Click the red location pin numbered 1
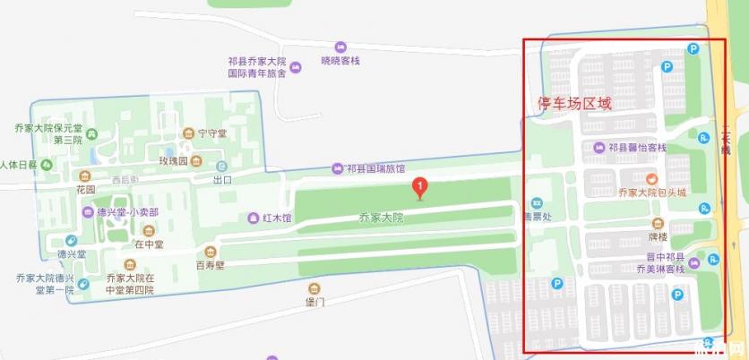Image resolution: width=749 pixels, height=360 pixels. pyautogui.click(x=417, y=187)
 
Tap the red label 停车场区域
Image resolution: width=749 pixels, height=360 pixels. pyautogui.click(x=574, y=104)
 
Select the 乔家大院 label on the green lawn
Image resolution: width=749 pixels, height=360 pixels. pyautogui.click(x=381, y=218)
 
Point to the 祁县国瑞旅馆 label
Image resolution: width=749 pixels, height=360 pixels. pyautogui.click(x=375, y=167)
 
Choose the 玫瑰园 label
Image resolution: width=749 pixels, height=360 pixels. pyautogui.click(x=173, y=161)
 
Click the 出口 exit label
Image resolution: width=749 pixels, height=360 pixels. pyautogui.click(x=222, y=179)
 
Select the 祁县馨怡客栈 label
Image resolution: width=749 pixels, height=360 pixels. pyautogui.click(x=637, y=147)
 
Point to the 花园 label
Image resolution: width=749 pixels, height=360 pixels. pyautogui.click(x=85, y=189)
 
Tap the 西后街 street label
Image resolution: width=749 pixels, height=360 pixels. pyautogui.click(x=125, y=180)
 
